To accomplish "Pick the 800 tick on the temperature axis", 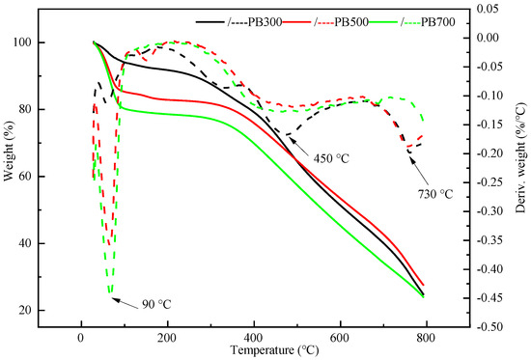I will point(425,336).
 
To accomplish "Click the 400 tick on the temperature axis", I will point(253,336).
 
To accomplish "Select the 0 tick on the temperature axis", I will point(81,336).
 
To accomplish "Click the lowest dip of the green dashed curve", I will point(110,292).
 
